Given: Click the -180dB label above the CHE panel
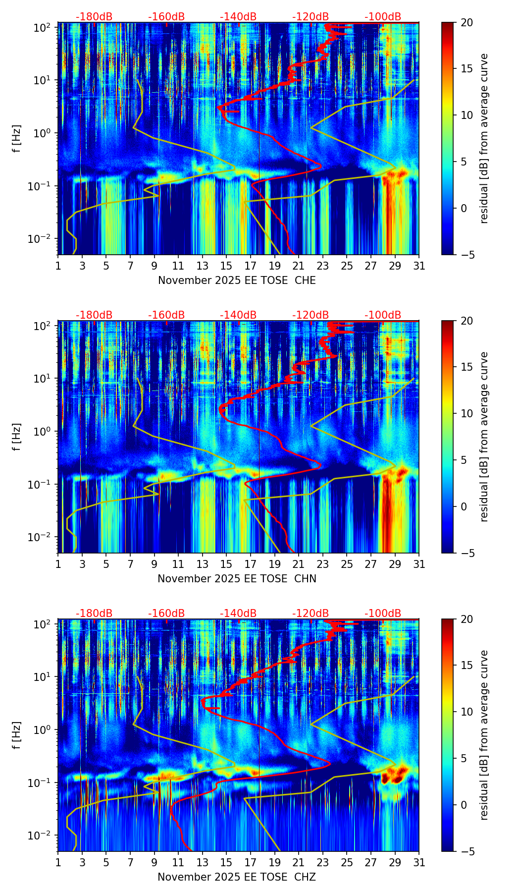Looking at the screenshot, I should coord(94,17).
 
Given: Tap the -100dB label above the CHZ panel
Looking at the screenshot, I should coord(383,614).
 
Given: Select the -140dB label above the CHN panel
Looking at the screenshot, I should coord(238,315).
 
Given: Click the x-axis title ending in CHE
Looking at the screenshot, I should coord(237,280).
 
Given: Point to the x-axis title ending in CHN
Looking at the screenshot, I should coord(237,579).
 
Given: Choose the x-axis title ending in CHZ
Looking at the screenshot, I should coord(237,877).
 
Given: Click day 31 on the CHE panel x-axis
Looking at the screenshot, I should coord(419,266).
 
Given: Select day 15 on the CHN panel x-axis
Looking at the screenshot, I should coord(226,564).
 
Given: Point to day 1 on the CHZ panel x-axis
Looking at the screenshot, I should coord(58,863).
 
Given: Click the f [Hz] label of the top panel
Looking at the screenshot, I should coord(17,139).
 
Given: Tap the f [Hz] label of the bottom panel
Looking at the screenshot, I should coord(17,735).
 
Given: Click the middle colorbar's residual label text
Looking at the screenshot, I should coord(484,437).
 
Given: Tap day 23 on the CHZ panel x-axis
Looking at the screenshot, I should coord(323,863).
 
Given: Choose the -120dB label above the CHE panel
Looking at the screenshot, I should coord(311,17).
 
